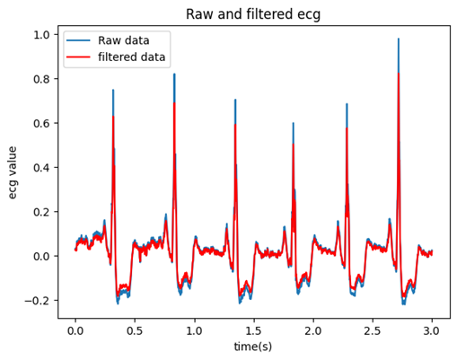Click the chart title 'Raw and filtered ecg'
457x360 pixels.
[253, 14]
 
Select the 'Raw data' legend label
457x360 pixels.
[124, 40]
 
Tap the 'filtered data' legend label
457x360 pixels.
[132, 57]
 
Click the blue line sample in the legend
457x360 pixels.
[78, 40]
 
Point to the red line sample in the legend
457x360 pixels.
[78, 57]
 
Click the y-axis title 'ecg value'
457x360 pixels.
[13, 172]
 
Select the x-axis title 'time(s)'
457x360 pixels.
[253, 347]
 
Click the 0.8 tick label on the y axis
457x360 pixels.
[41, 79]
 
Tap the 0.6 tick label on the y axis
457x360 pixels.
[41, 123]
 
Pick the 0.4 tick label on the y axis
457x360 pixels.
[41, 168]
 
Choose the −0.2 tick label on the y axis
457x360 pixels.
[37, 301]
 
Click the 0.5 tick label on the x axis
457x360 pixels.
[135, 331]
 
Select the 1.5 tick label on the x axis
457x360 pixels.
[254, 331]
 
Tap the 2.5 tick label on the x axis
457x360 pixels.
[373, 331]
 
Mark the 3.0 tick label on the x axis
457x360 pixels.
[432, 331]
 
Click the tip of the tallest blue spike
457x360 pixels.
[399, 39]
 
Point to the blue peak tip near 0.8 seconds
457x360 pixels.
[174, 74]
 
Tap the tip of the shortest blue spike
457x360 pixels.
[294, 123]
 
